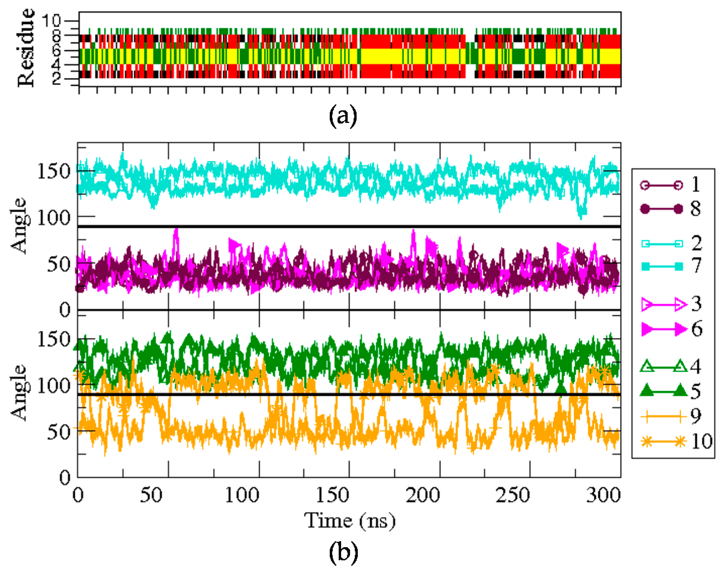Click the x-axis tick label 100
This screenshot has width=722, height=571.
pyautogui.click(x=242, y=495)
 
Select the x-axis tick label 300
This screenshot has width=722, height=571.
pyautogui.click(x=603, y=495)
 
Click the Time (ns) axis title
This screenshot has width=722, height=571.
pyautogui.click(x=350, y=521)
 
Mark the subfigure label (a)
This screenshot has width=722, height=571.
pyautogui.click(x=343, y=116)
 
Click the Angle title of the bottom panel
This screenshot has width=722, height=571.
pyautogui.click(x=18, y=392)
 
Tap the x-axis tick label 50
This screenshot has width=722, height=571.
pyautogui.click(x=151, y=495)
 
